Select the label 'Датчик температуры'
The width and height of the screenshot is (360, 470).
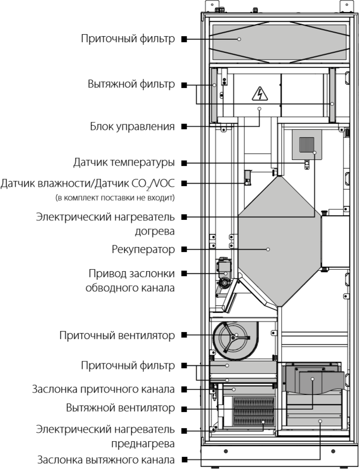tap(124, 163)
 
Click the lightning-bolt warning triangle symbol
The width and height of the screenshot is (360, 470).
tap(259, 94)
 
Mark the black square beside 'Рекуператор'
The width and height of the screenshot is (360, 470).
tap(185, 249)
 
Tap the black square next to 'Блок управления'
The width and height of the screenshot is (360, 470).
tap(185, 127)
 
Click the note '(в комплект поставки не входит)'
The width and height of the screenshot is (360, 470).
tap(115, 198)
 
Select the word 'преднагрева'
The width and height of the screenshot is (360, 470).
tap(142, 444)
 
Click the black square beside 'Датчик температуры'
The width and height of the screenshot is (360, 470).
tap(185, 163)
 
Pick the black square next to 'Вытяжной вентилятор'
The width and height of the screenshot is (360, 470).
tap(185, 407)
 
